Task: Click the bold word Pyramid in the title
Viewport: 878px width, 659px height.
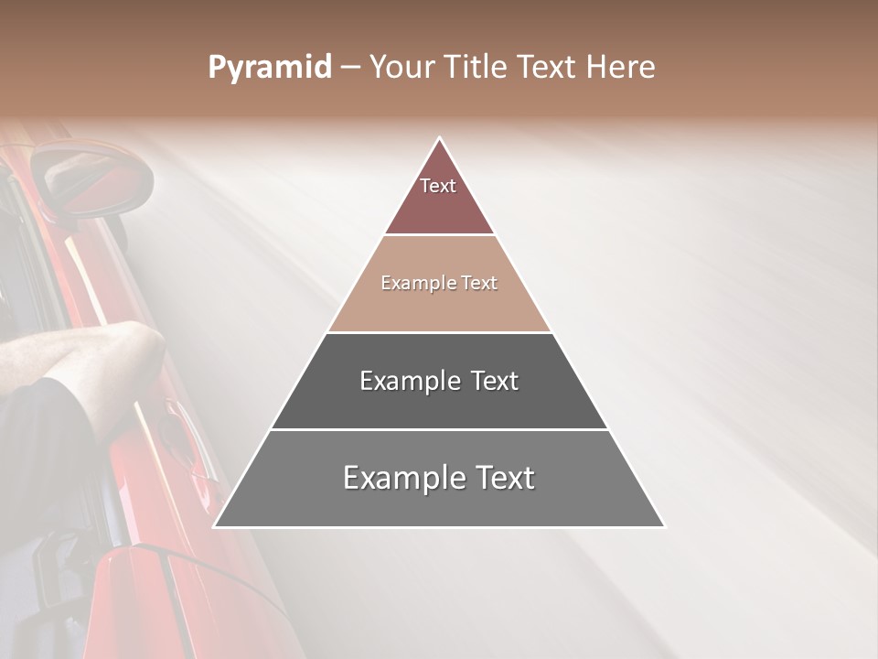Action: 269,68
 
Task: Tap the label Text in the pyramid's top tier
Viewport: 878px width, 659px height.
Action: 438,186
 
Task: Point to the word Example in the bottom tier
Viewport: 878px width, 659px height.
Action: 398,478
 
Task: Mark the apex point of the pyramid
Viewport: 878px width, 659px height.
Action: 440,138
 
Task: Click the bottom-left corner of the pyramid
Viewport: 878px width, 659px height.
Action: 214,526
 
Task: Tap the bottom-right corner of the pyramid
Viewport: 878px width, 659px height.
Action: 664,526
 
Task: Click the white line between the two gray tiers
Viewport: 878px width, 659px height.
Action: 439,429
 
